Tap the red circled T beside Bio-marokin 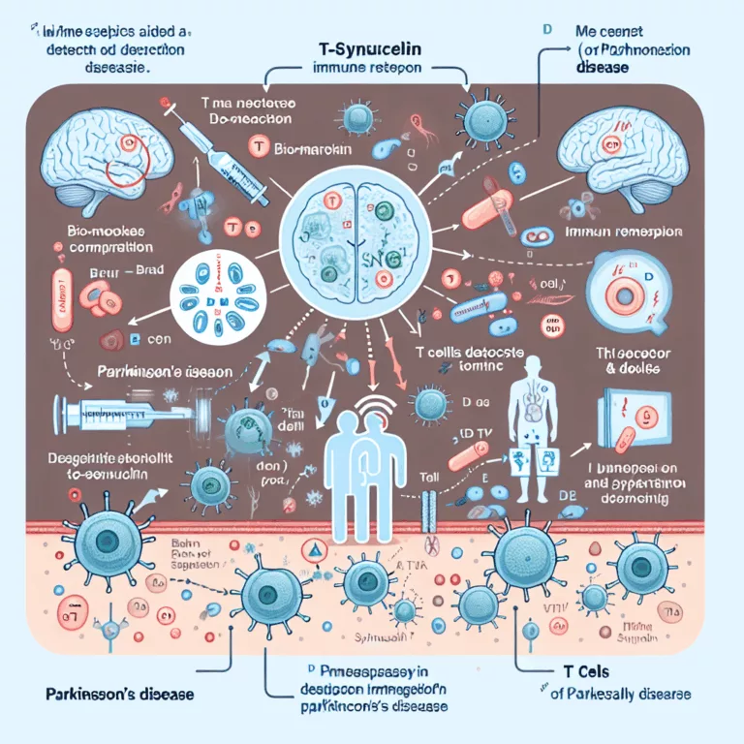click(x=258, y=146)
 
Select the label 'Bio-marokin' click(x=310, y=151)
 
